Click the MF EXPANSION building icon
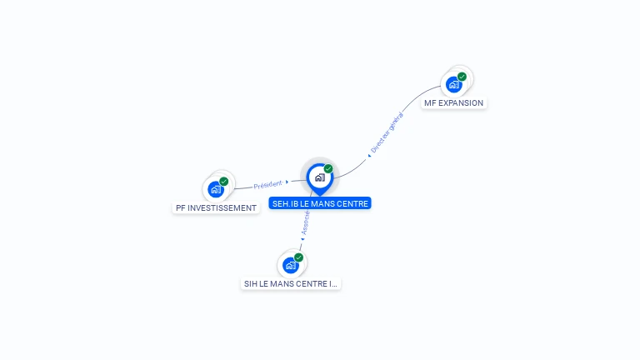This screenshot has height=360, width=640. tap(453, 84)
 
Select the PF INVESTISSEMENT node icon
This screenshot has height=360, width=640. tap(215, 189)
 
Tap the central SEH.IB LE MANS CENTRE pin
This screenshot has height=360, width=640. tap(319, 177)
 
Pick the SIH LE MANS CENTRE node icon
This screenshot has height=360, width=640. tap(290, 265)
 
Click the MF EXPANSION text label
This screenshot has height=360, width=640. tap(453, 103)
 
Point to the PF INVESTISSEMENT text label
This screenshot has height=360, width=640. tap(216, 207)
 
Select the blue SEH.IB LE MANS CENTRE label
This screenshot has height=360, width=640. tap(320, 203)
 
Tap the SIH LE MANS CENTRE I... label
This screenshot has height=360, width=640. tap(291, 283)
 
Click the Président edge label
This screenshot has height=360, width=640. tap(267, 184)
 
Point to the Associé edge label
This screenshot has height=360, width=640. tap(306, 222)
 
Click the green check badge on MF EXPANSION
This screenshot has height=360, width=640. tap(462, 77)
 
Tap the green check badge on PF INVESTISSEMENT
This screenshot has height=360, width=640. tap(223, 182)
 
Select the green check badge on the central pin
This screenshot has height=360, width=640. tap(328, 169)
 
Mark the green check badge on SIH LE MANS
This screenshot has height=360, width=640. tap(298, 257)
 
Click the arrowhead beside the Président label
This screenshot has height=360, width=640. tap(287, 182)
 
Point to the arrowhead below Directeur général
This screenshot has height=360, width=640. tap(369, 154)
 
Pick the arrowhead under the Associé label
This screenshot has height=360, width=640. tap(302, 240)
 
